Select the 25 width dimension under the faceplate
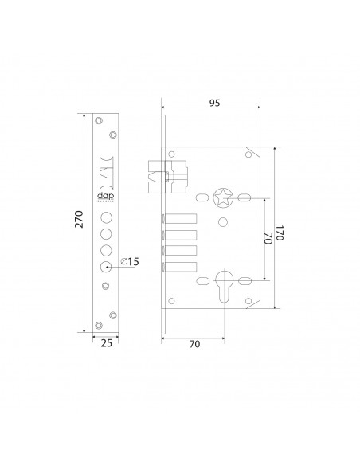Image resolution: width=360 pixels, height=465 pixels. [107, 343]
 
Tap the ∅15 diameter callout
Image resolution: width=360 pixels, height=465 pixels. [127, 262]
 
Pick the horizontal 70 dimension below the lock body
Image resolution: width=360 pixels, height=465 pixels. [194, 343]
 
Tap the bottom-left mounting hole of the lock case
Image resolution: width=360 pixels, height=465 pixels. [171, 301]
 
